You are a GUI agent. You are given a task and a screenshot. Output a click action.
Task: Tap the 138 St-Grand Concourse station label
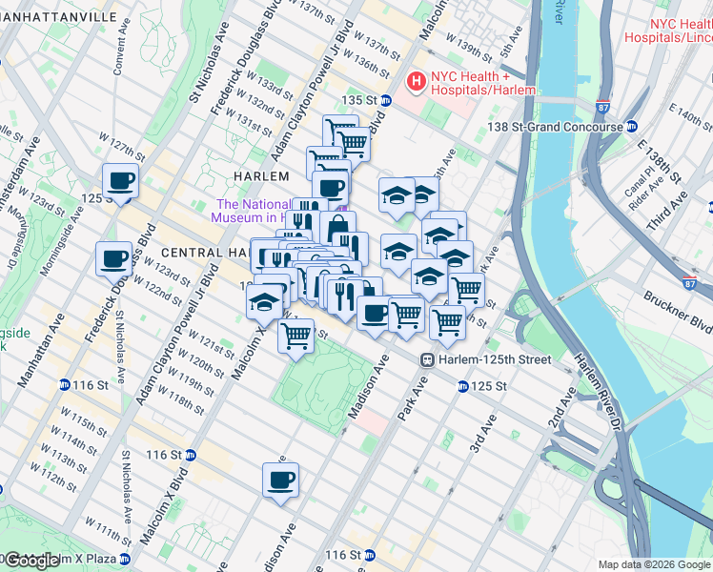(565, 126)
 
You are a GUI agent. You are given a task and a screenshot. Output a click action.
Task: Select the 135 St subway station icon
(386, 100)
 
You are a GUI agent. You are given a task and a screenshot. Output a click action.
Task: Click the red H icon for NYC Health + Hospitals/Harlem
(416, 82)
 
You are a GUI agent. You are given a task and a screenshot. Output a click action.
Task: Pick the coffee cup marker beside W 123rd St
(113, 257)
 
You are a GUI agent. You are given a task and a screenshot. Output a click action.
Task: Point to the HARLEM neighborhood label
(260, 176)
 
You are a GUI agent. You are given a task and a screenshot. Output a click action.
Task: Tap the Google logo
(31, 561)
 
